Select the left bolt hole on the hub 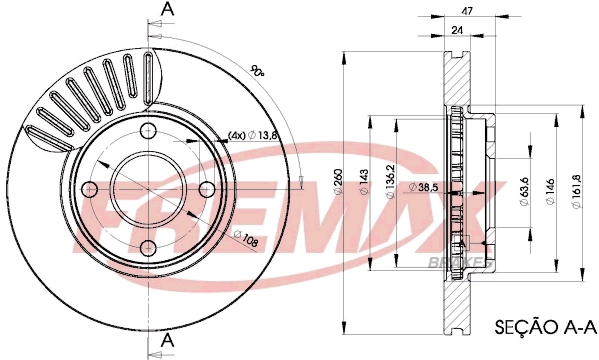pos(89,188)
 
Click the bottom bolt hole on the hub pos(148,247)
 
